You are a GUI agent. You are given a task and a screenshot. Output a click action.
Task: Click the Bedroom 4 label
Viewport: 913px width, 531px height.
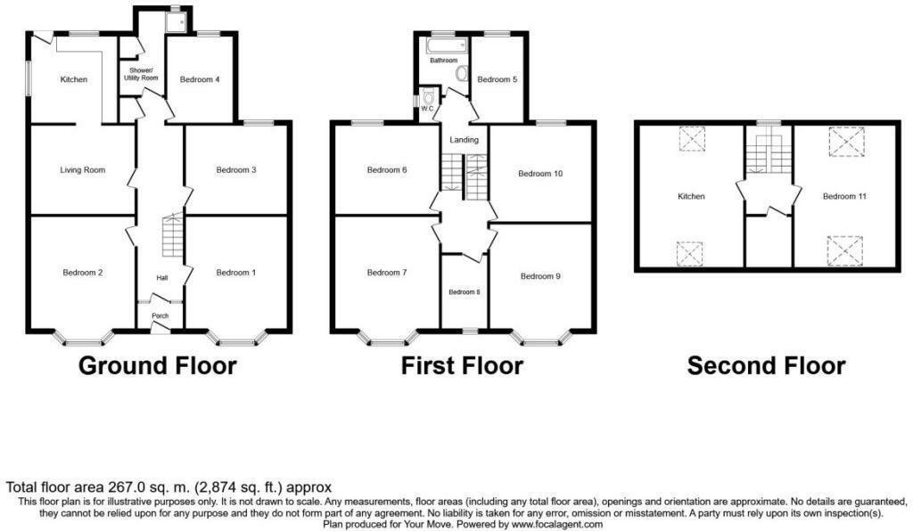pos(200,79)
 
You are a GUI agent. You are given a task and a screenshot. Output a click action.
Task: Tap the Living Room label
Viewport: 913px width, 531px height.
pos(83,170)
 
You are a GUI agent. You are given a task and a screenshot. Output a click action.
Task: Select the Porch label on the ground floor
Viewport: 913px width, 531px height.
pos(160,315)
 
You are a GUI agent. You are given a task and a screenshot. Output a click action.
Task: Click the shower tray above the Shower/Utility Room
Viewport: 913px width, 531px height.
pos(176,22)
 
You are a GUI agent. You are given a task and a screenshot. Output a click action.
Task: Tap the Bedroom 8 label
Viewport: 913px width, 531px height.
pos(464,292)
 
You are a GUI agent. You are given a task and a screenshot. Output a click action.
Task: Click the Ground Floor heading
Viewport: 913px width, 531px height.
pos(157,366)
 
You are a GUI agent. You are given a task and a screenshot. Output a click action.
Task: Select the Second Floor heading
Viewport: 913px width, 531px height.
pos(766,366)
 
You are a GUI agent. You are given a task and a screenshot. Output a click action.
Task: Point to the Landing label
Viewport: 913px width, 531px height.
pos(464,140)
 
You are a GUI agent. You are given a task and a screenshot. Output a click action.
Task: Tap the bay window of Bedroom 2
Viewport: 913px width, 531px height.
pos(82,339)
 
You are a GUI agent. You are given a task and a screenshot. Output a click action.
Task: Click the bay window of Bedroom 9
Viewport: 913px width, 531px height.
pos(541,339)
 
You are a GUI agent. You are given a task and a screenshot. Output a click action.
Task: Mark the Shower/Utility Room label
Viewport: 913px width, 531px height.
pos(141,74)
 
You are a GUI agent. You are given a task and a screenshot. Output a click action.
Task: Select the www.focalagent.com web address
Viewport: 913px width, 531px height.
pos(556,524)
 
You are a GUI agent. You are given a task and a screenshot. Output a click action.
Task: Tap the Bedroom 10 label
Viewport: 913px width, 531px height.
pos(540,174)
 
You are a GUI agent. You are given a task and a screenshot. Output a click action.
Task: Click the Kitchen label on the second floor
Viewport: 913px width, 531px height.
pos(691,197)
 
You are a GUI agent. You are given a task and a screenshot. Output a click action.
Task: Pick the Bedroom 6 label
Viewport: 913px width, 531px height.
pos(387,170)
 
